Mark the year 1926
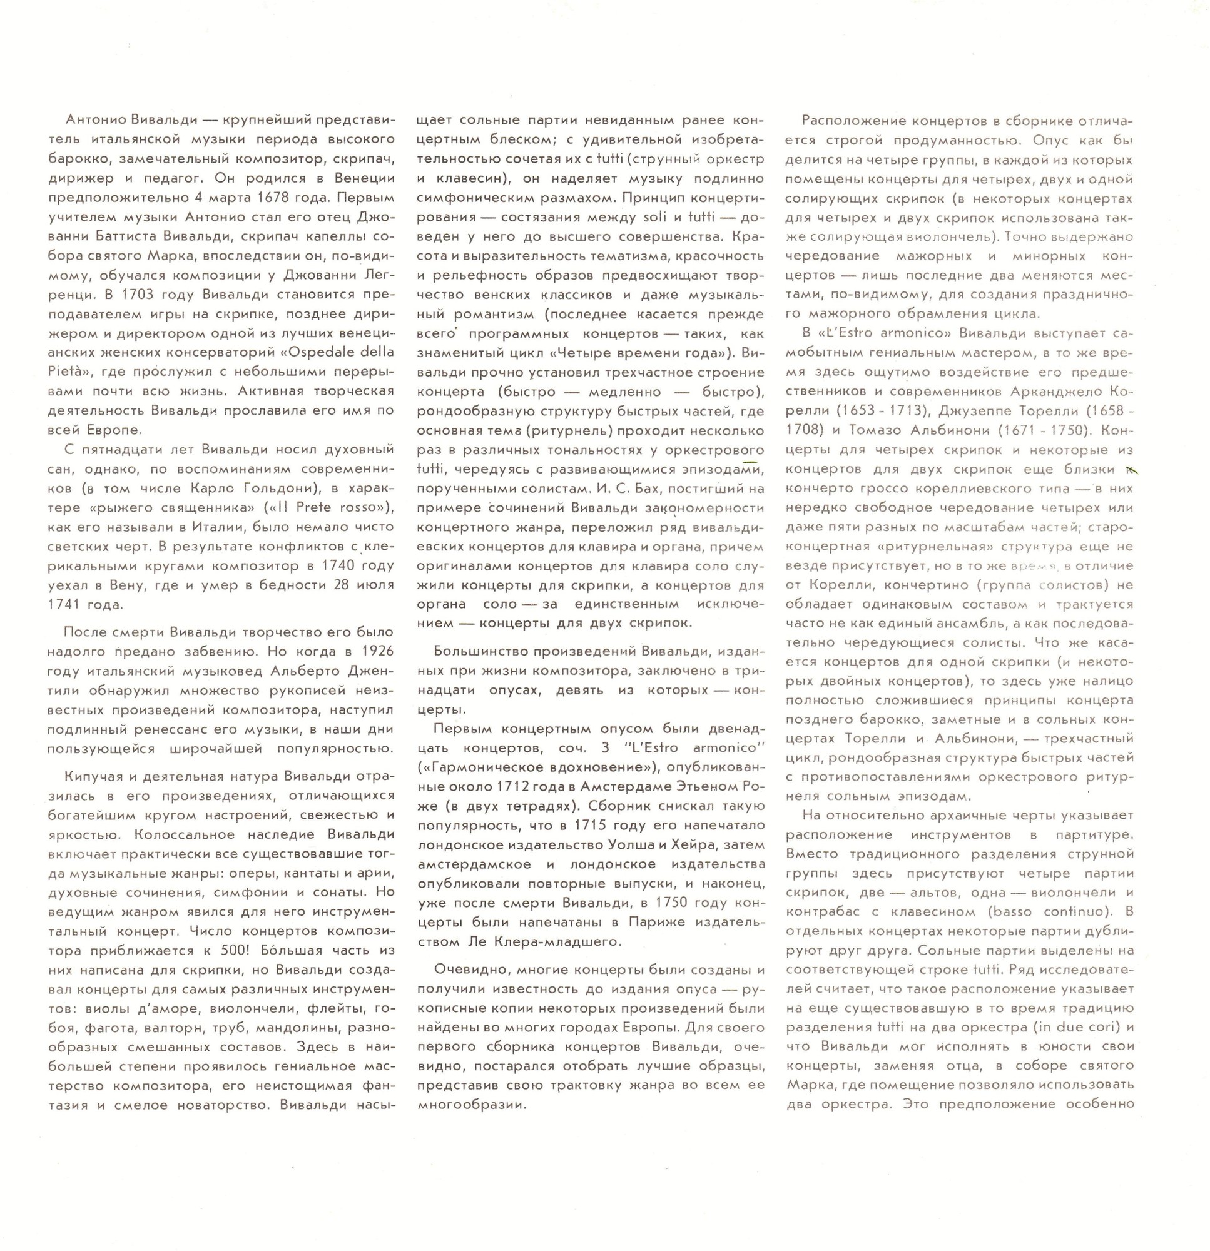pos(377,652)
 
